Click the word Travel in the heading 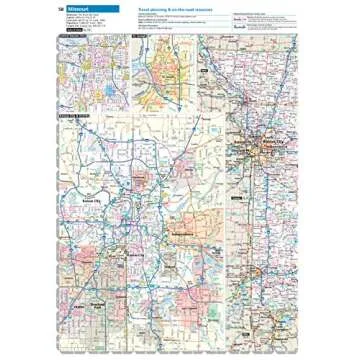[x=144, y=8]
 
